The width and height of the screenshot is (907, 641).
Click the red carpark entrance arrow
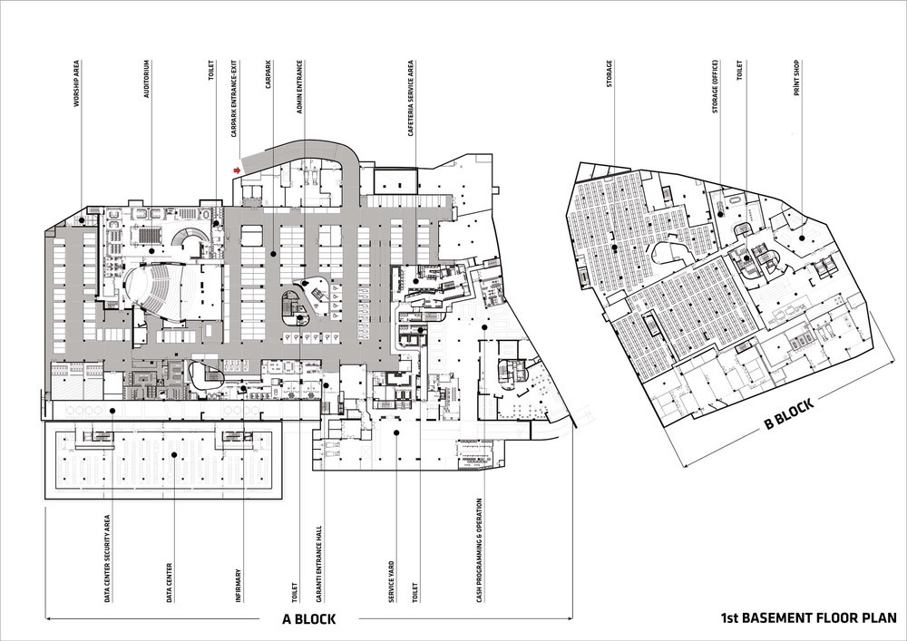237,170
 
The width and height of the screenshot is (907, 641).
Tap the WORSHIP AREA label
76,83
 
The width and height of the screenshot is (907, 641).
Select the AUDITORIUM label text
146,79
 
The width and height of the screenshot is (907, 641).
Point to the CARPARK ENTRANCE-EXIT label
234,98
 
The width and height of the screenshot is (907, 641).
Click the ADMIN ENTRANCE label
299,87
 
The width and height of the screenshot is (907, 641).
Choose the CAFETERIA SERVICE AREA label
411,98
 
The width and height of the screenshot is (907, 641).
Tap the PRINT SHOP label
796,77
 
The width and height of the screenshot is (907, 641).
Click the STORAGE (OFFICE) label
715,86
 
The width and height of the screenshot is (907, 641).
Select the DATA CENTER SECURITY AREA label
107,558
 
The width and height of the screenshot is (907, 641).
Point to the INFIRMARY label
239,586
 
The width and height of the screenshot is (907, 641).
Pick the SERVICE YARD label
392,581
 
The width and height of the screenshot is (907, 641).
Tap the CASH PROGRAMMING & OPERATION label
479,551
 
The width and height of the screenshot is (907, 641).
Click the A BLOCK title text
309,619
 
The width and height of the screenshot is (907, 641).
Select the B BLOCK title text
789,413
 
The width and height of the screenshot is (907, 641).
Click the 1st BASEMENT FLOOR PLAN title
809,617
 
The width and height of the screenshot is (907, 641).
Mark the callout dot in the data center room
174,455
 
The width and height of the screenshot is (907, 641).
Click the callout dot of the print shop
802,238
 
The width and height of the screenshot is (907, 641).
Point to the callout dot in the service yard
396,432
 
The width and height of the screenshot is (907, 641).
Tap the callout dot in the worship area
82,220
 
